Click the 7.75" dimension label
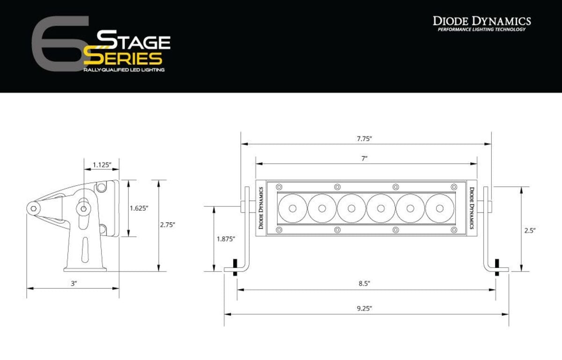coord(363,139)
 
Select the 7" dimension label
coord(363,158)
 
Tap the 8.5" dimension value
coord(363,283)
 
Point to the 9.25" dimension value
coord(364,308)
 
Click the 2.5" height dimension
coord(530,230)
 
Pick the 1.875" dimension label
coord(226,239)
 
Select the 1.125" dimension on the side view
coord(101,164)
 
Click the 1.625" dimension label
coord(139,208)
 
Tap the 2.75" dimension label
coord(167,225)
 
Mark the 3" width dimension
coord(74,283)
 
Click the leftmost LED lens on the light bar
coord(293,208)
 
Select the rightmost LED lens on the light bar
coord(440,208)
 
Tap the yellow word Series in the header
coord(123,58)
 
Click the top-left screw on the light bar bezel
coord(279,187)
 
